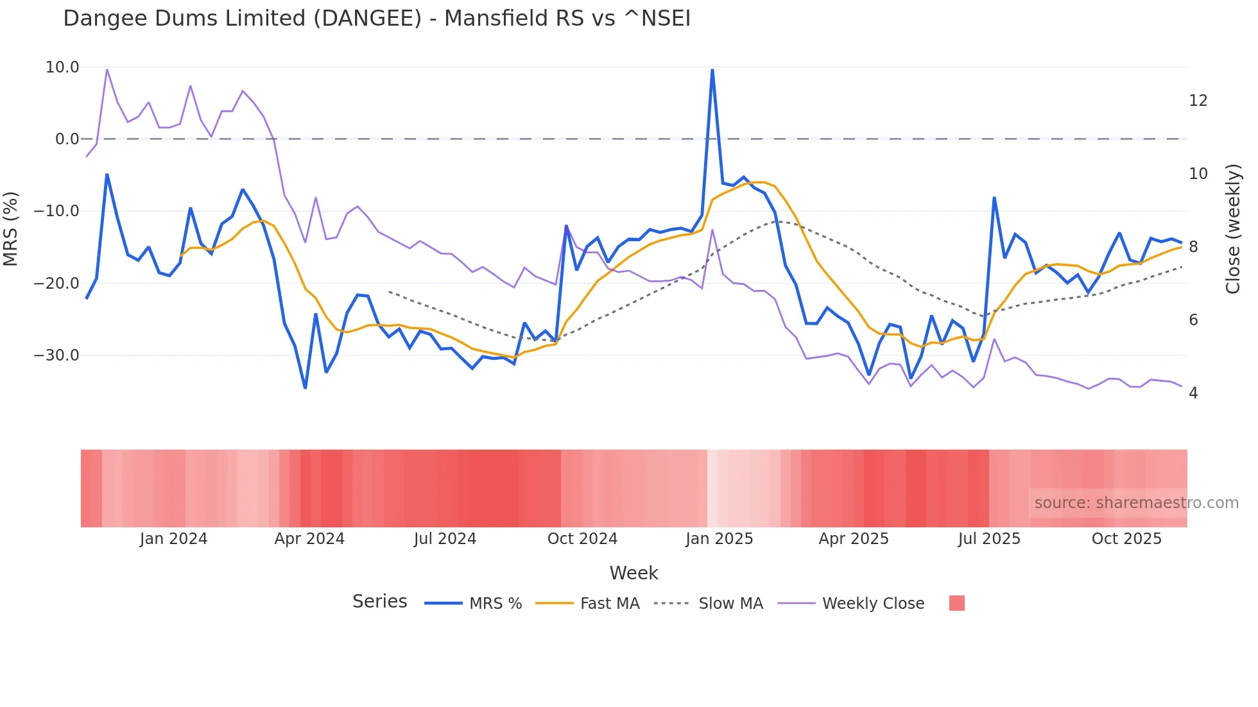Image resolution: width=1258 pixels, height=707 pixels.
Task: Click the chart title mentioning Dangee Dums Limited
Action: point(377,19)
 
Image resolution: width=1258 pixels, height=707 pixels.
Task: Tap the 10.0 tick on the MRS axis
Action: point(62,67)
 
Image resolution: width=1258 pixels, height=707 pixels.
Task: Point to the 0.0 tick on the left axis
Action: point(67,139)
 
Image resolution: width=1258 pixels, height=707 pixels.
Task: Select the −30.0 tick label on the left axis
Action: point(56,355)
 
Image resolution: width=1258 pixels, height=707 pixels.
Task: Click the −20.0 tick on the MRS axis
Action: point(56,283)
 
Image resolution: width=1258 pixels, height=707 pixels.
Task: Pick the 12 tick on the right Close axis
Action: point(1198,101)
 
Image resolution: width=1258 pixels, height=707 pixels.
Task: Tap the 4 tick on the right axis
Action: point(1193,393)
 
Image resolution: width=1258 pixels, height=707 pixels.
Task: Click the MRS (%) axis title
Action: point(11,229)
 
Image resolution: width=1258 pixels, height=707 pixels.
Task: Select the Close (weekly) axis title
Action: point(1233,229)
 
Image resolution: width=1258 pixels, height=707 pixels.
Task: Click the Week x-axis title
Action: point(633,573)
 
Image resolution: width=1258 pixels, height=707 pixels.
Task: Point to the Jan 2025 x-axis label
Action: point(719,539)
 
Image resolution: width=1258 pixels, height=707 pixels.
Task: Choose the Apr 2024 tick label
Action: point(309,539)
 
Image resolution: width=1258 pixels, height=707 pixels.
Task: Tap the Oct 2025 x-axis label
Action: point(1126,539)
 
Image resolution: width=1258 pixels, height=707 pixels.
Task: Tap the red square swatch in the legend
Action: point(956,603)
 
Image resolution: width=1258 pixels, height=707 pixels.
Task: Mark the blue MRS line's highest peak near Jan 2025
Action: point(712,69)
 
